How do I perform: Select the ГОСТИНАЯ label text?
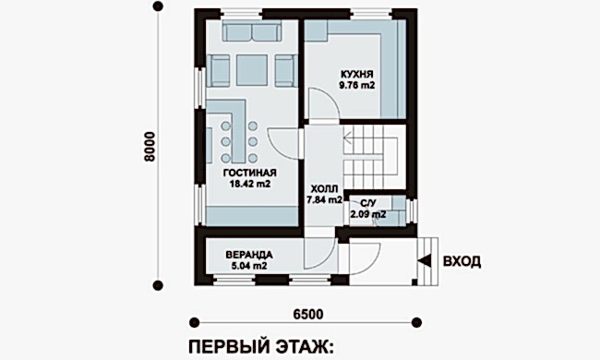pyautogui.click(x=250, y=173)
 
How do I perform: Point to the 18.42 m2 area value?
pyautogui.click(x=250, y=185)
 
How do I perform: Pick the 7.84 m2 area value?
pyautogui.click(x=324, y=198)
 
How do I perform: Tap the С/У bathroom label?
pyautogui.click(x=366, y=202)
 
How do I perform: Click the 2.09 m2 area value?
pyautogui.click(x=366, y=214)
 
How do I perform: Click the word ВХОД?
pyautogui.click(x=462, y=261)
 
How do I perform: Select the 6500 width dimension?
pyautogui.click(x=307, y=314)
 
